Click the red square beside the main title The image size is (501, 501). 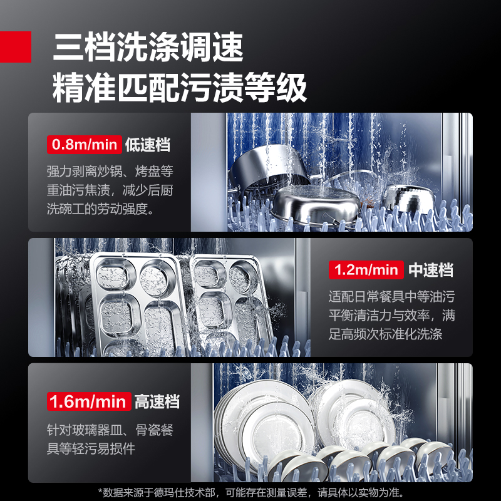click(x=15, y=46)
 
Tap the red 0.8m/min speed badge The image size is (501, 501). click(x=85, y=145)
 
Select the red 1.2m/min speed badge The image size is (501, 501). click(x=366, y=270)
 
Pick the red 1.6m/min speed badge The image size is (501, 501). click(x=89, y=401)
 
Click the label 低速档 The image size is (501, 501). click(x=148, y=145)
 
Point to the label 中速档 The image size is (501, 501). click(x=431, y=270)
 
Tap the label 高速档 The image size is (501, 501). click(x=157, y=401)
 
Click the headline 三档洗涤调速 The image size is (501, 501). click(x=148, y=47)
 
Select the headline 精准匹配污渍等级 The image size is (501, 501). click(x=180, y=88)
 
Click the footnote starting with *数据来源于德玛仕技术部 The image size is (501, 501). click(x=251, y=492)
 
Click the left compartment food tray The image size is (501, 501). click(x=137, y=304)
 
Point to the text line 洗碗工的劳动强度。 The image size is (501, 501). click(x=101, y=209)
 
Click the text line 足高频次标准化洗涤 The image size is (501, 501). click(x=385, y=334)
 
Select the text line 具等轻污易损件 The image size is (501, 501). click(x=91, y=448)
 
